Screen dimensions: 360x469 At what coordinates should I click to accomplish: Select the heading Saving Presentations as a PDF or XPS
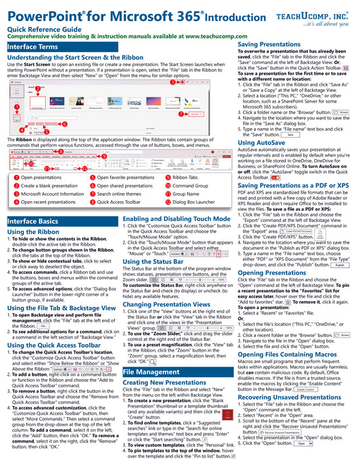pyautogui.click(x=293, y=186)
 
